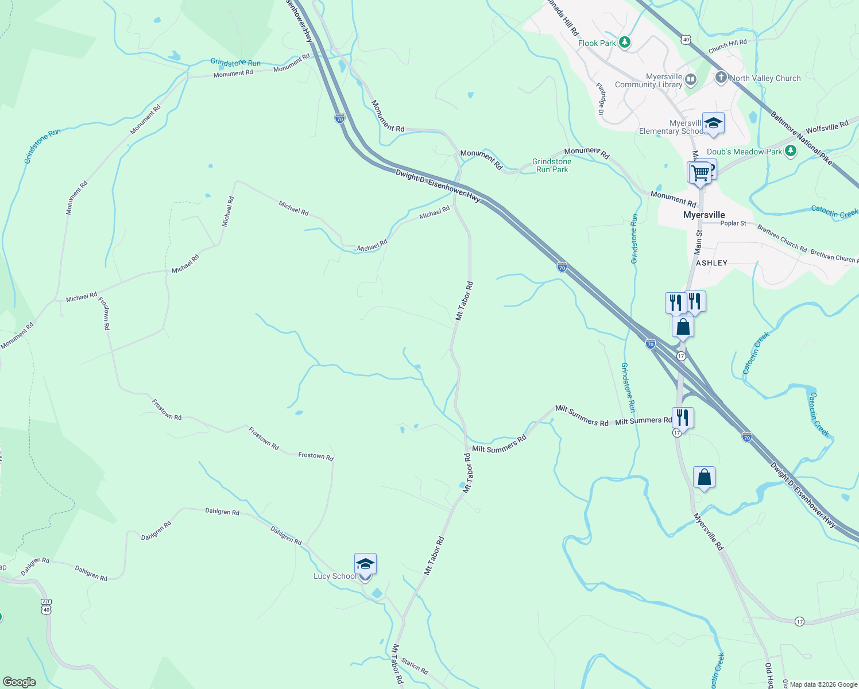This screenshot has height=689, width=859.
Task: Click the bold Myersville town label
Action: [x=704, y=215]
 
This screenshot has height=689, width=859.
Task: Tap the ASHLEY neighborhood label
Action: [x=711, y=263]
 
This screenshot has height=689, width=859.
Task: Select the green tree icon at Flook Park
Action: [x=625, y=42]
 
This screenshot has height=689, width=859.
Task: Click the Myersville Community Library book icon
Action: [x=691, y=80]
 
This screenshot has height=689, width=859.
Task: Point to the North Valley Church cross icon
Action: [x=721, y=78]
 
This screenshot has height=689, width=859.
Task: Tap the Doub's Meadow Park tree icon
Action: [x=791, y=151]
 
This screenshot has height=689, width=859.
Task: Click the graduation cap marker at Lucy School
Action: [x=365, y=564]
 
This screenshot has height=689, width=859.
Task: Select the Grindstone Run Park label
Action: [x=552, y=165]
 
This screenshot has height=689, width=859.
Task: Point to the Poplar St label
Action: [x=733, y=223]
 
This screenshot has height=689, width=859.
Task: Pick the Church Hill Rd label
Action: [x=728, y=46]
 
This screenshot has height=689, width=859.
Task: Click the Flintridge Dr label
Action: [x=600, y=99]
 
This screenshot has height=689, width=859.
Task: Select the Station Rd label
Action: [x=415, y=666]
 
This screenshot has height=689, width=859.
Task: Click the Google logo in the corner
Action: [x=19, y=682]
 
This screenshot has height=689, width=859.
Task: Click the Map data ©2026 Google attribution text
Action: [x=823, y=684]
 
